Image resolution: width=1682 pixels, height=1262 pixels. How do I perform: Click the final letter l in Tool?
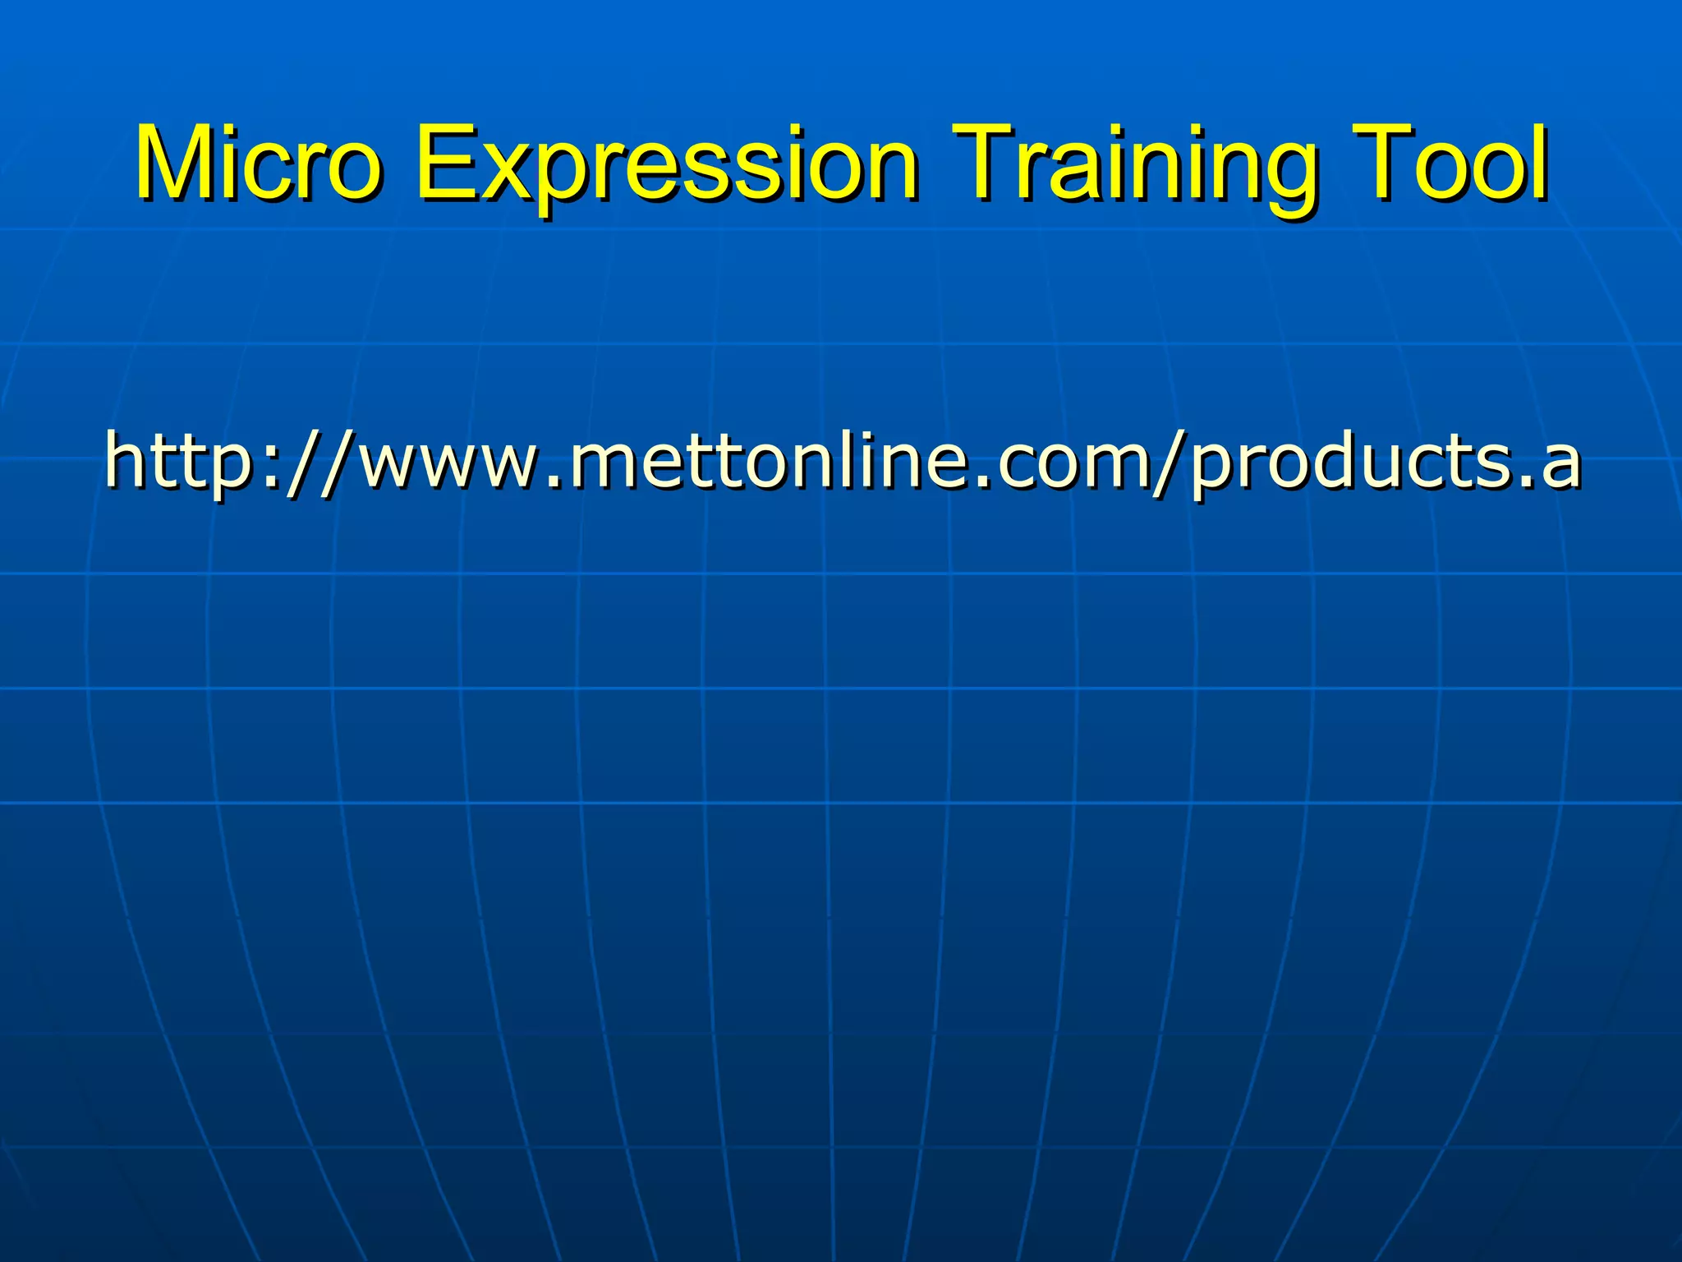click(x=1540, y=162)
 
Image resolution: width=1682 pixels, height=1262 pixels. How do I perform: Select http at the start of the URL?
click(x=176, y=460)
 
